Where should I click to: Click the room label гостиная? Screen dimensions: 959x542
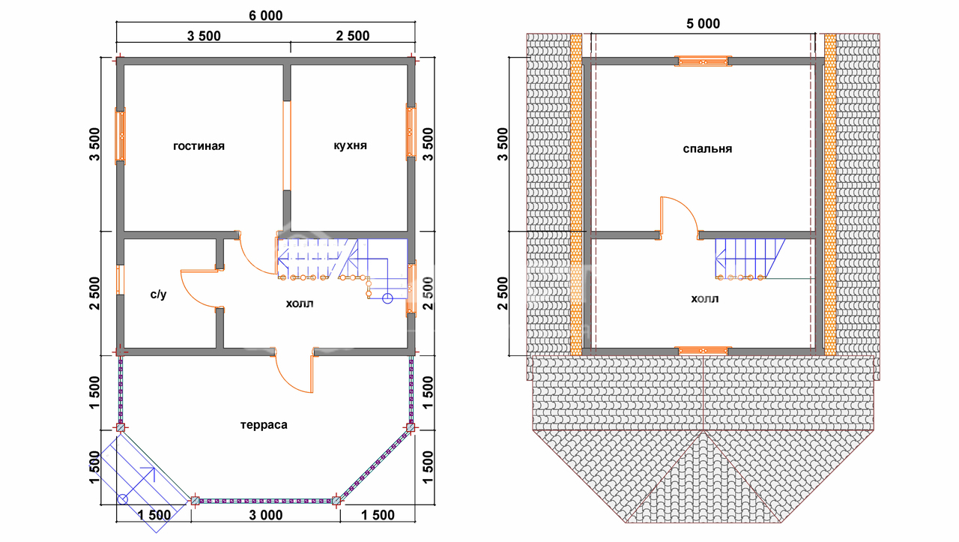coord(199,146)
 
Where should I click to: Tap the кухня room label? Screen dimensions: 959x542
coord(350,145)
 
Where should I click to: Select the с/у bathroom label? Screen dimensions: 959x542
coord(158,295)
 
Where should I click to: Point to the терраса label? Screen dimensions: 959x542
coord(264,424)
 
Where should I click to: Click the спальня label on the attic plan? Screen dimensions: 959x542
coord(707,148)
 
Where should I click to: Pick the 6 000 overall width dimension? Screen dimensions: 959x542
coord(266,16)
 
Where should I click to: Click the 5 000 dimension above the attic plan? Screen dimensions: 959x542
coord(703,23)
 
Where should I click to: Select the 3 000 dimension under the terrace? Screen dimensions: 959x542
coord(266,515)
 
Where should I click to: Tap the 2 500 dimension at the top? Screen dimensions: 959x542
coord(352,35)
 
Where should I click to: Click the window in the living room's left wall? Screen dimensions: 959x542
coord(121,136)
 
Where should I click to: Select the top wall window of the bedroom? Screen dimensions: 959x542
coord(703,61)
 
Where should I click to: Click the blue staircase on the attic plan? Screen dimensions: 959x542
coord(750,259)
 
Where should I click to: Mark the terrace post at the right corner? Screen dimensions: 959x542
coord(411,427)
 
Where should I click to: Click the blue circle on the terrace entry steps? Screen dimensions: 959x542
coord(122,499)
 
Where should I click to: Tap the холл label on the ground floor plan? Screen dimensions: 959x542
coord(300,304)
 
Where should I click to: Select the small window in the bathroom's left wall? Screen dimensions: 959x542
coord(121,280)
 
